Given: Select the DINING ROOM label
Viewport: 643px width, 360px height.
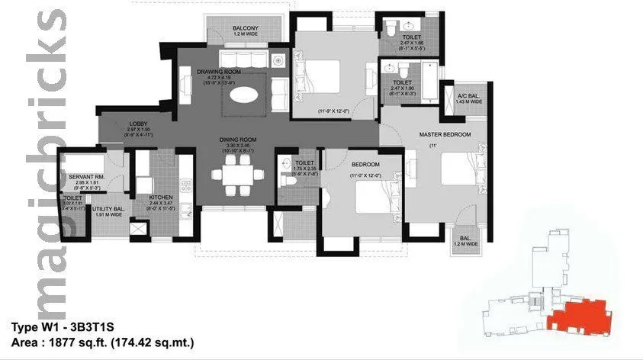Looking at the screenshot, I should pos(235,140).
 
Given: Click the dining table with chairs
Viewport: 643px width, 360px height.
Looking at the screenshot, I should pos(235,172).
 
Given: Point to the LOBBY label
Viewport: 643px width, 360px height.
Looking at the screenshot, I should pos(138,124).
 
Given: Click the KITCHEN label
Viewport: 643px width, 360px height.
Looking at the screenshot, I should pos(161,198).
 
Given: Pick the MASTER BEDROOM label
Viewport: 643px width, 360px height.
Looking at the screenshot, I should pos(445,134).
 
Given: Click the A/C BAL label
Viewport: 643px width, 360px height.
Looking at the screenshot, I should pos(468,96).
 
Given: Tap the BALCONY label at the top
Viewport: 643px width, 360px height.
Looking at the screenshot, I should pos(249,30).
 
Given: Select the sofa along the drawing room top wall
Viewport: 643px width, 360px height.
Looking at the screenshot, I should pos(244,59).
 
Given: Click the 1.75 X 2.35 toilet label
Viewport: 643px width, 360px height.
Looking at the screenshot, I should pos(305,166).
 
